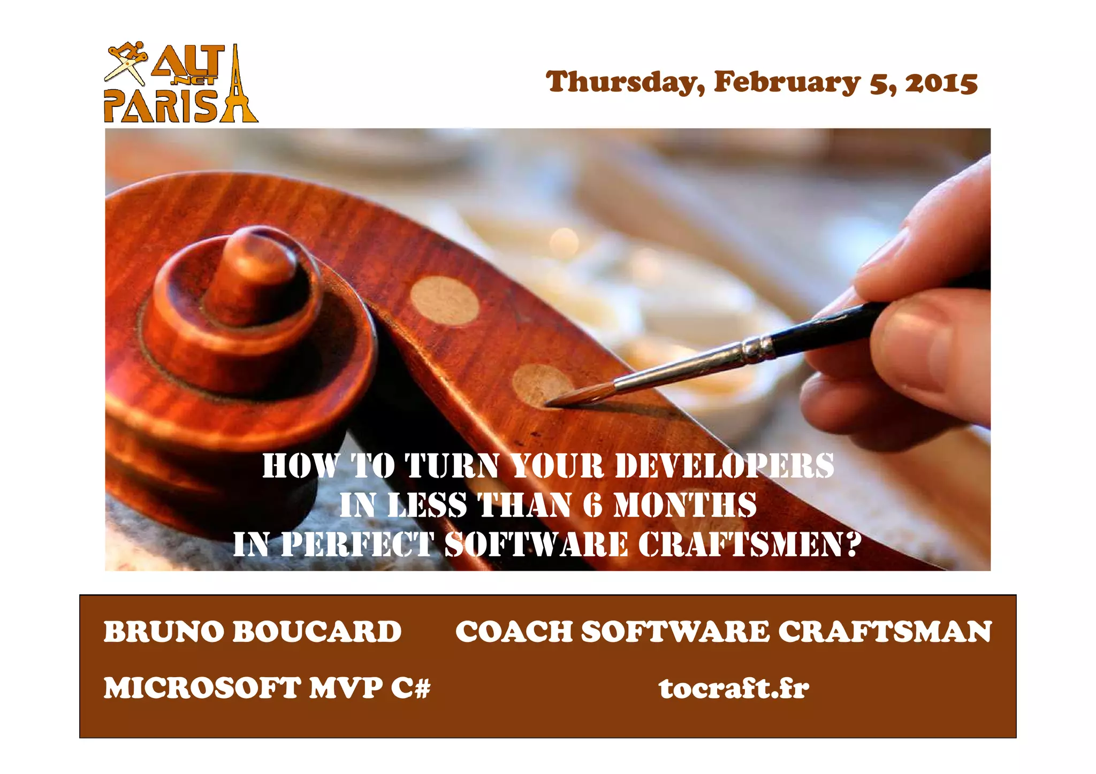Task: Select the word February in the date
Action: pos(787,83)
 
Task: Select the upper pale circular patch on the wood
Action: pos(444,301)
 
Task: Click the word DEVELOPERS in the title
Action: pos(724,465)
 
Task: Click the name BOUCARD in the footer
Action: pos(317,632)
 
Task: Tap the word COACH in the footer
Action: pos(513,632)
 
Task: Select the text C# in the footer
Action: pos(410,688)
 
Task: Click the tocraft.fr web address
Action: pos(734,688)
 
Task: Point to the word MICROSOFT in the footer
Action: pos(202,688)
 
